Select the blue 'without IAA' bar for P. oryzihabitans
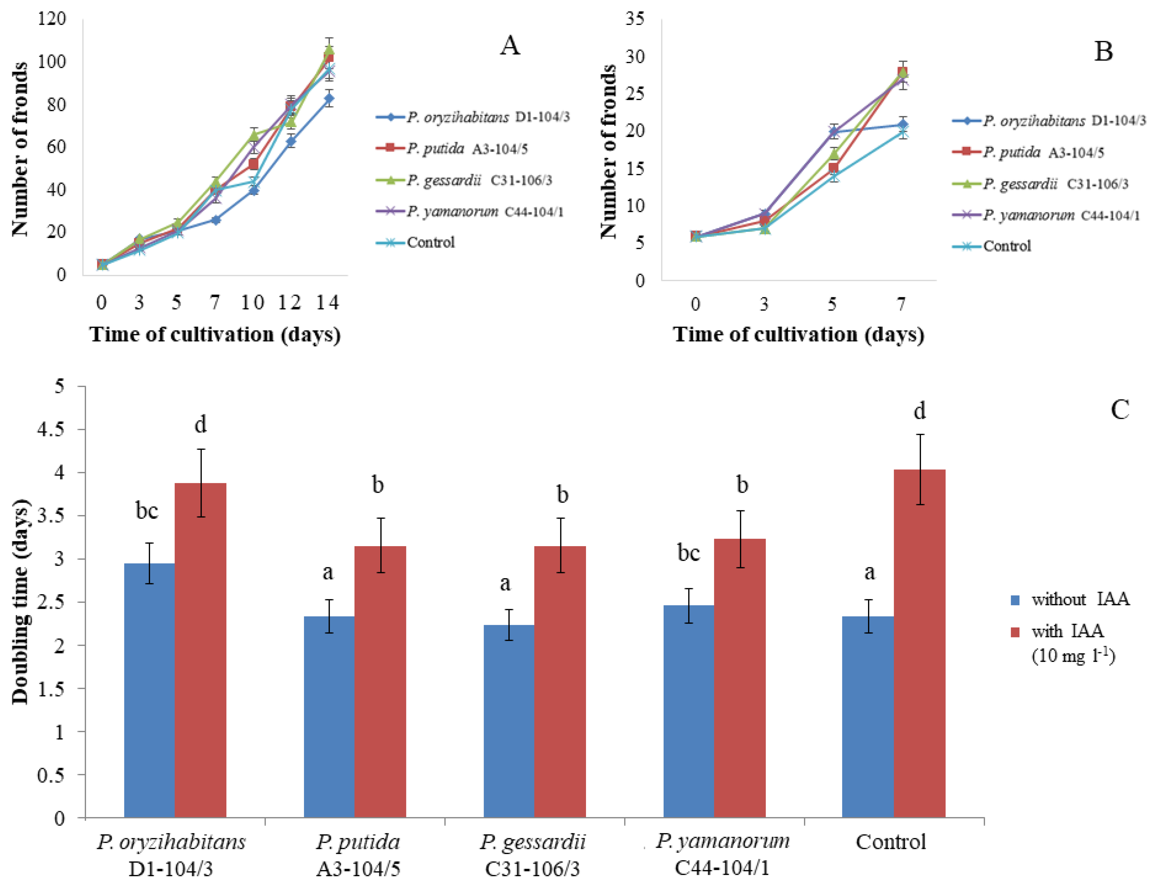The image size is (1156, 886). pos(149,690)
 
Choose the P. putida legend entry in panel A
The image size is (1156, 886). pos(452,148)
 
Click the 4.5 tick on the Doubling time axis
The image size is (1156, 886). pos(51,429)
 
